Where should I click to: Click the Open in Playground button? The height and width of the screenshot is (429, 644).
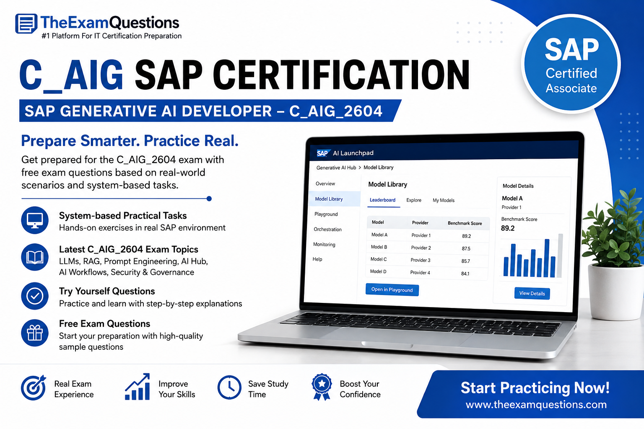[x=392, y=289]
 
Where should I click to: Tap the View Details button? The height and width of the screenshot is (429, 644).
[x=532, y=293]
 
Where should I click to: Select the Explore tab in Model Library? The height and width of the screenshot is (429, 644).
[x=414, y=200]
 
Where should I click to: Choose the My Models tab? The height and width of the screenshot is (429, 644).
[x=443, y=200]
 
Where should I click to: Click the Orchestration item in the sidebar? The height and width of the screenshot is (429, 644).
[x=327, y=229]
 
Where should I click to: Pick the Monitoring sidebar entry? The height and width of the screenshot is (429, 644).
[x=324, y=244]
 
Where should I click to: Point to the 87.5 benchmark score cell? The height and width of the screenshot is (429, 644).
[x=466, y=248]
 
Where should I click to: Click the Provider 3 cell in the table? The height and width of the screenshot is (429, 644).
[x=421, y=260]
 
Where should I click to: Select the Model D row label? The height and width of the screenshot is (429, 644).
[x=378, y=271]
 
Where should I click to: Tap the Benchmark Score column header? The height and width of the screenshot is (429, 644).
[x=465, y=223]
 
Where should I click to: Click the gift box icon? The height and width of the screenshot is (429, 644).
[x=35, y=333]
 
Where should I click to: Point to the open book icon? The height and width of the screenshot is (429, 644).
[x=35, y=257]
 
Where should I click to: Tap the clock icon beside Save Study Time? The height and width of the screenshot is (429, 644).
[x=229, y=387]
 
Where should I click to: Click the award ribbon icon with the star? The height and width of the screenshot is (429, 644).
[x=322, y=387]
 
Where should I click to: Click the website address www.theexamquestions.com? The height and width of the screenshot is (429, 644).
[x=536, y=404]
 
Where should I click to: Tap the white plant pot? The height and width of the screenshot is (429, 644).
[x=615, y=292]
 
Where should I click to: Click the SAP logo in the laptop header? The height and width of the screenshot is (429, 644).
[x=322, y=153]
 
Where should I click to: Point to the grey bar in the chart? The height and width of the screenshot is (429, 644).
[x=560, y=256]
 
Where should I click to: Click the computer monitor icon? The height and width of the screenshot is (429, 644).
[x=35, y=220]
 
